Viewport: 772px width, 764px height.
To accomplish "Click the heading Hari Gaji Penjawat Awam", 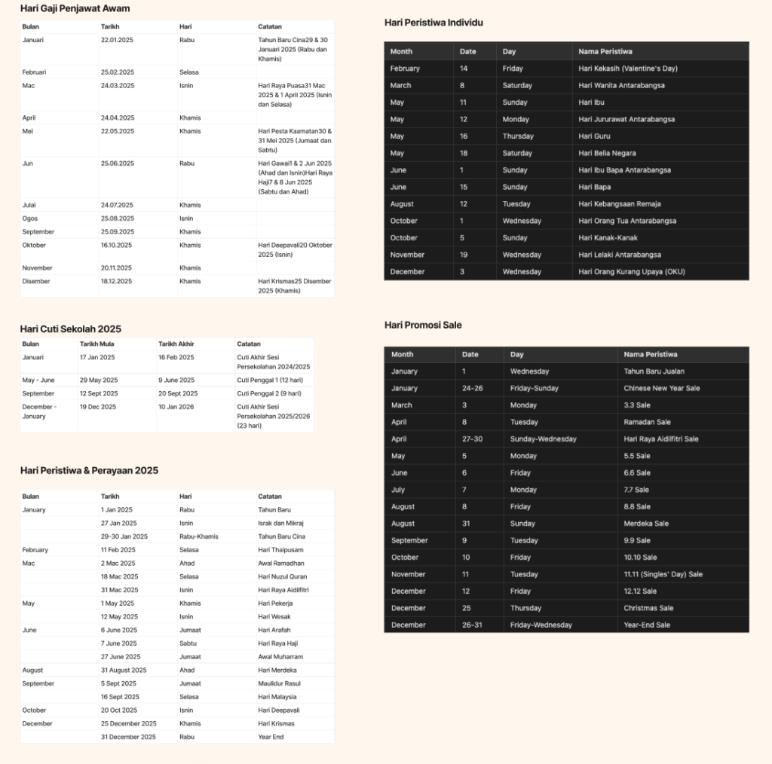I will pyautogui.click(x=75, y=8).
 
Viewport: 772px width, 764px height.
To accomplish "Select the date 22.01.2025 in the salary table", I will pyautogui.click(x=117, y=39).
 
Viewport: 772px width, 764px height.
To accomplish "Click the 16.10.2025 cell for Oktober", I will pyautogui.click(x=117, y=245).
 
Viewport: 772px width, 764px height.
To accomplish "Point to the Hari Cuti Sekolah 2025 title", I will pyautogui.click(x=70, y=329).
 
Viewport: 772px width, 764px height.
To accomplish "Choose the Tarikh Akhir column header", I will pyautogui.click(x=176, y=344).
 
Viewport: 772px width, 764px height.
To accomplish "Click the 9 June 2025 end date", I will pyautogui.click(x=176, y=380).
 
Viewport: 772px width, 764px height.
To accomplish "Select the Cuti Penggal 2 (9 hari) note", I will pyautogui.click(x=268, y=393).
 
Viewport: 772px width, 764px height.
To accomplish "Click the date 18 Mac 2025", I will pyautogui.click(x=118, y=576).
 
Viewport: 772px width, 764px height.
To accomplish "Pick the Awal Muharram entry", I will pyautogui.click(x=281, y=657).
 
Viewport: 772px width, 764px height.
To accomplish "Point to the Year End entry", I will pyautogui.click(x=271, y=737).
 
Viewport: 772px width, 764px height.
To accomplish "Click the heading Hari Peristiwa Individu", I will pyautogui.click(x=433, y=23).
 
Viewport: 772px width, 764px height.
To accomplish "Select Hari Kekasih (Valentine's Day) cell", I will pyautogui.click(x=628, y=69).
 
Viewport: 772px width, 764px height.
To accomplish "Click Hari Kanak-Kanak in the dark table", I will pyautogui.click(x=608, y=238).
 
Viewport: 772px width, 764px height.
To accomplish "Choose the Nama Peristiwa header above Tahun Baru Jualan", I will pyautogui.click(x=650, y=354).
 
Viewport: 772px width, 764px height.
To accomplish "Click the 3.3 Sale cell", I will pyautogui.click(x=637, y=405).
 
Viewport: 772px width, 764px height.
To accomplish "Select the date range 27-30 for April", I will pyautogui.click(x=473, y=439).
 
